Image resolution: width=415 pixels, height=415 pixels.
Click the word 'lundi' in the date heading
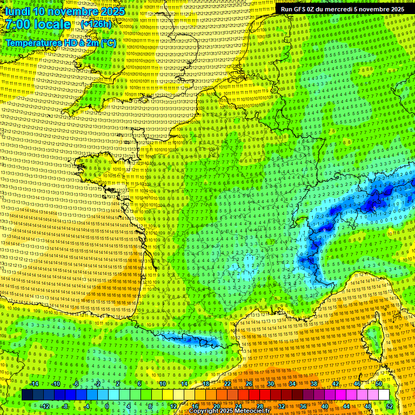pyautogui.click(x=17, y=11)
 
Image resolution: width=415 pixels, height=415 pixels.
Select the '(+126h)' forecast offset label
pyautogui.click(x=96, y=24)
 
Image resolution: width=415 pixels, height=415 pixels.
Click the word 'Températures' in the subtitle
pyautogui.click(x=33, y=43)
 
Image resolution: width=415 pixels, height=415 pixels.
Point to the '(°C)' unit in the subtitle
pyautogui.click(x=108, y=43)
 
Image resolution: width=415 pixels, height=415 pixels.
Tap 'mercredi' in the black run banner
pyautogui.click(x=352, y=9)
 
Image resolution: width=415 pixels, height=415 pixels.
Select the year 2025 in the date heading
pyautogui.click(x=112, y=11)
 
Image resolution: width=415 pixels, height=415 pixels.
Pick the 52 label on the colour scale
pyautogui.click(x=390, y=406)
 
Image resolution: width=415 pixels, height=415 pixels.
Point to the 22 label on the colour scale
pyautogui.click(x=227, y=384)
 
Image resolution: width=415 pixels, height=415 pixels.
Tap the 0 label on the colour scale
pyautogui.click(x=107, y=406)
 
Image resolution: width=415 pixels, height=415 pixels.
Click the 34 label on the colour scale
pyautogui.click(x=292, y=384)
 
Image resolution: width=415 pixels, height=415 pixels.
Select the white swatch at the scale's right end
pyautogui.click(x=384, y=395)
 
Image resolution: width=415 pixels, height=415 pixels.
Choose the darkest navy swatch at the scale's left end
pyautogui.click(x=28, y=395)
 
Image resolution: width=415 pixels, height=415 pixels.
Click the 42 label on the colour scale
pyautogui.click(x=336, y=384)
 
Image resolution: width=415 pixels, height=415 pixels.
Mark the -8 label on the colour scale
pyautogui.click(x=65, y=406)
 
